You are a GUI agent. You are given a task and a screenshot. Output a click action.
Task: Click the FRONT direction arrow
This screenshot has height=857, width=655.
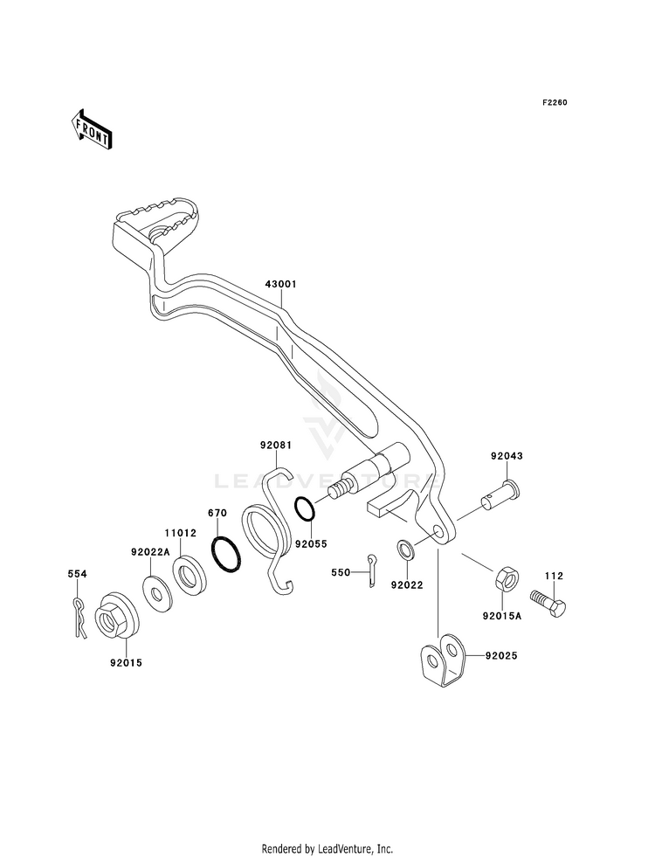point(91,128)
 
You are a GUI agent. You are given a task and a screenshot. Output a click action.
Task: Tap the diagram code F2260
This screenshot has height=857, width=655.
point(555,102)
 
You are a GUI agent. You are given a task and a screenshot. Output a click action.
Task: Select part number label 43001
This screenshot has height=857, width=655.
point(281,284)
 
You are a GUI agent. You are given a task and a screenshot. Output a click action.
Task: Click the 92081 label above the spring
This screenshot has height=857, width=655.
point(275,446)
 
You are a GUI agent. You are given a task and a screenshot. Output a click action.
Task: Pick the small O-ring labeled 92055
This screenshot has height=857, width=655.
point(304,508)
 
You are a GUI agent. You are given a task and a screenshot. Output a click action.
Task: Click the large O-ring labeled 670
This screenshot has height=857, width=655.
point(225,554)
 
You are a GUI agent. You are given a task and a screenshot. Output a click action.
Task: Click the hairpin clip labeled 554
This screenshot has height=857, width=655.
point(79,619)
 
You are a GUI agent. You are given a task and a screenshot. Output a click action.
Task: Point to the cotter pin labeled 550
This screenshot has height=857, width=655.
point(371,570)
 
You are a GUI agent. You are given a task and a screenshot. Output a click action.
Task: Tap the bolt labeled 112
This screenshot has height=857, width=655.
point(548,604)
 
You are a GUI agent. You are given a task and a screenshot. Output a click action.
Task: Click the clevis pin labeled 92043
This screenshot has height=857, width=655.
point(501,494)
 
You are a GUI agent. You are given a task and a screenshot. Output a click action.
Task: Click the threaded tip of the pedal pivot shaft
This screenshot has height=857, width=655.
point(339,488)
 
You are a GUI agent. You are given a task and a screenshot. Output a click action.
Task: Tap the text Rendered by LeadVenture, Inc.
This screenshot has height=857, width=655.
point(327,848)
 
